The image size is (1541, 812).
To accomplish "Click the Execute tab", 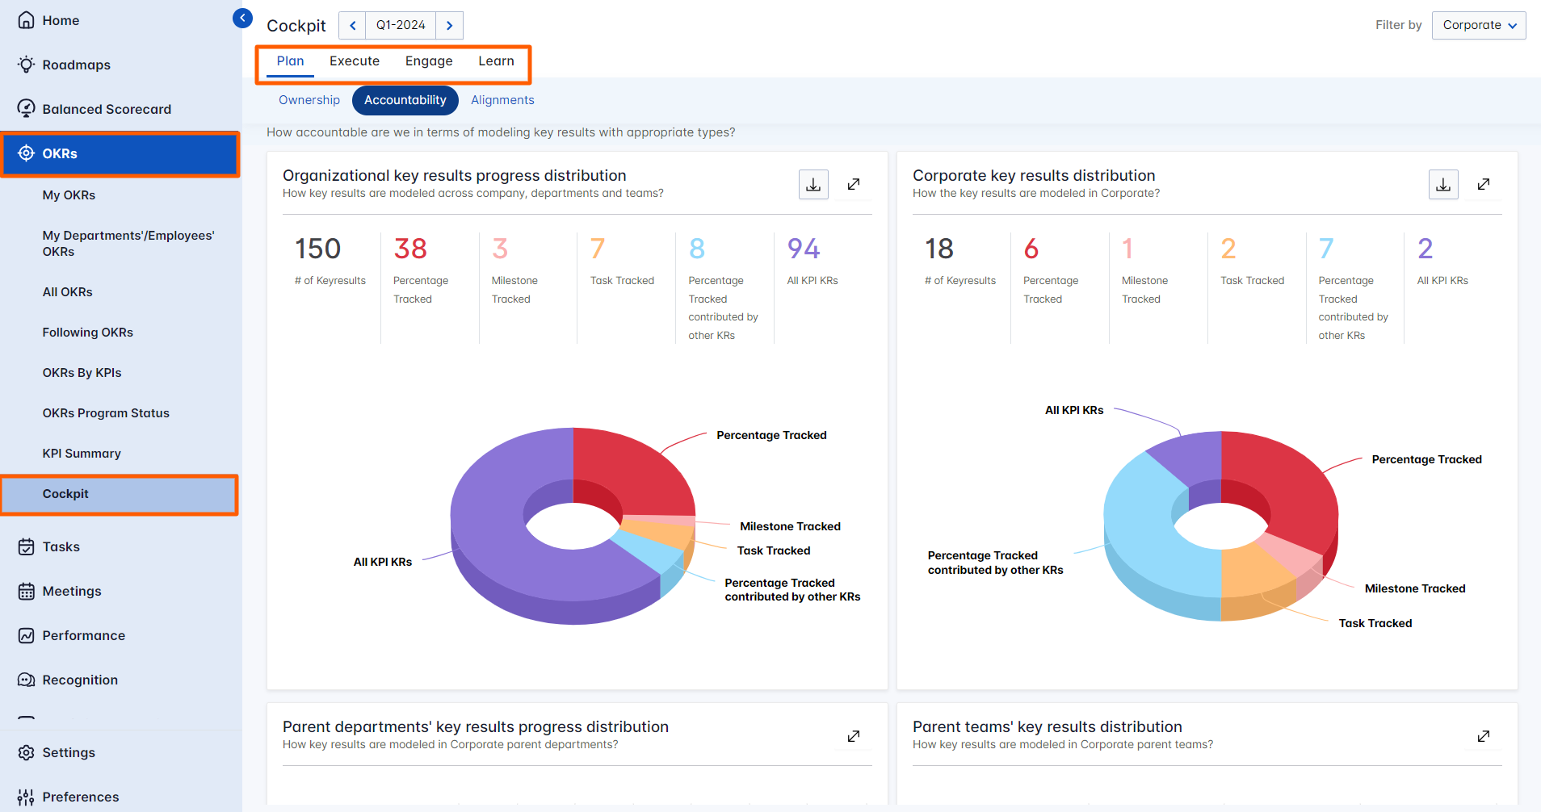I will point(354,61).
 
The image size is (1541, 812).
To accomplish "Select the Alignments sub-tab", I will point(502,100).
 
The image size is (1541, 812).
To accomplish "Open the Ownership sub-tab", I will point(309,100).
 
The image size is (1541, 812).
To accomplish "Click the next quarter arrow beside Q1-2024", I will point(449,25).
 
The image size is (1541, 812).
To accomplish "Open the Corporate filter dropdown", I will point(1478,25).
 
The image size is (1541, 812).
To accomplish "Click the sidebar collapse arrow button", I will point(242,18).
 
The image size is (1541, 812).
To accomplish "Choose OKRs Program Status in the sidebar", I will point(106,413).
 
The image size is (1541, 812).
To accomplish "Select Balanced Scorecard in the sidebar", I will point(107,109).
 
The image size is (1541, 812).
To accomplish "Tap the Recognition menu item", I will point(80,680).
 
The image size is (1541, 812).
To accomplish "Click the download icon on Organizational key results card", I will point(813,185).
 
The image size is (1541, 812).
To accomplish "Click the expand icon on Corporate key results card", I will point(1484,185).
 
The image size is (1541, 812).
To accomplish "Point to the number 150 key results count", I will point(317,249).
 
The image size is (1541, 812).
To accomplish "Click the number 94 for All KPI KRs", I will point(803,249).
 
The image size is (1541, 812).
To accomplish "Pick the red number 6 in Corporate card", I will point(1031,249).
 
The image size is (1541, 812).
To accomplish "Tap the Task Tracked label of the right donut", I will point(1375,623).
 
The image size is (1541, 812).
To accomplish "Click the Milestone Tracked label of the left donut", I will point(790,526).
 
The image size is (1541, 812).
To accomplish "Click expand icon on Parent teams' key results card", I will point(1484,736).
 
